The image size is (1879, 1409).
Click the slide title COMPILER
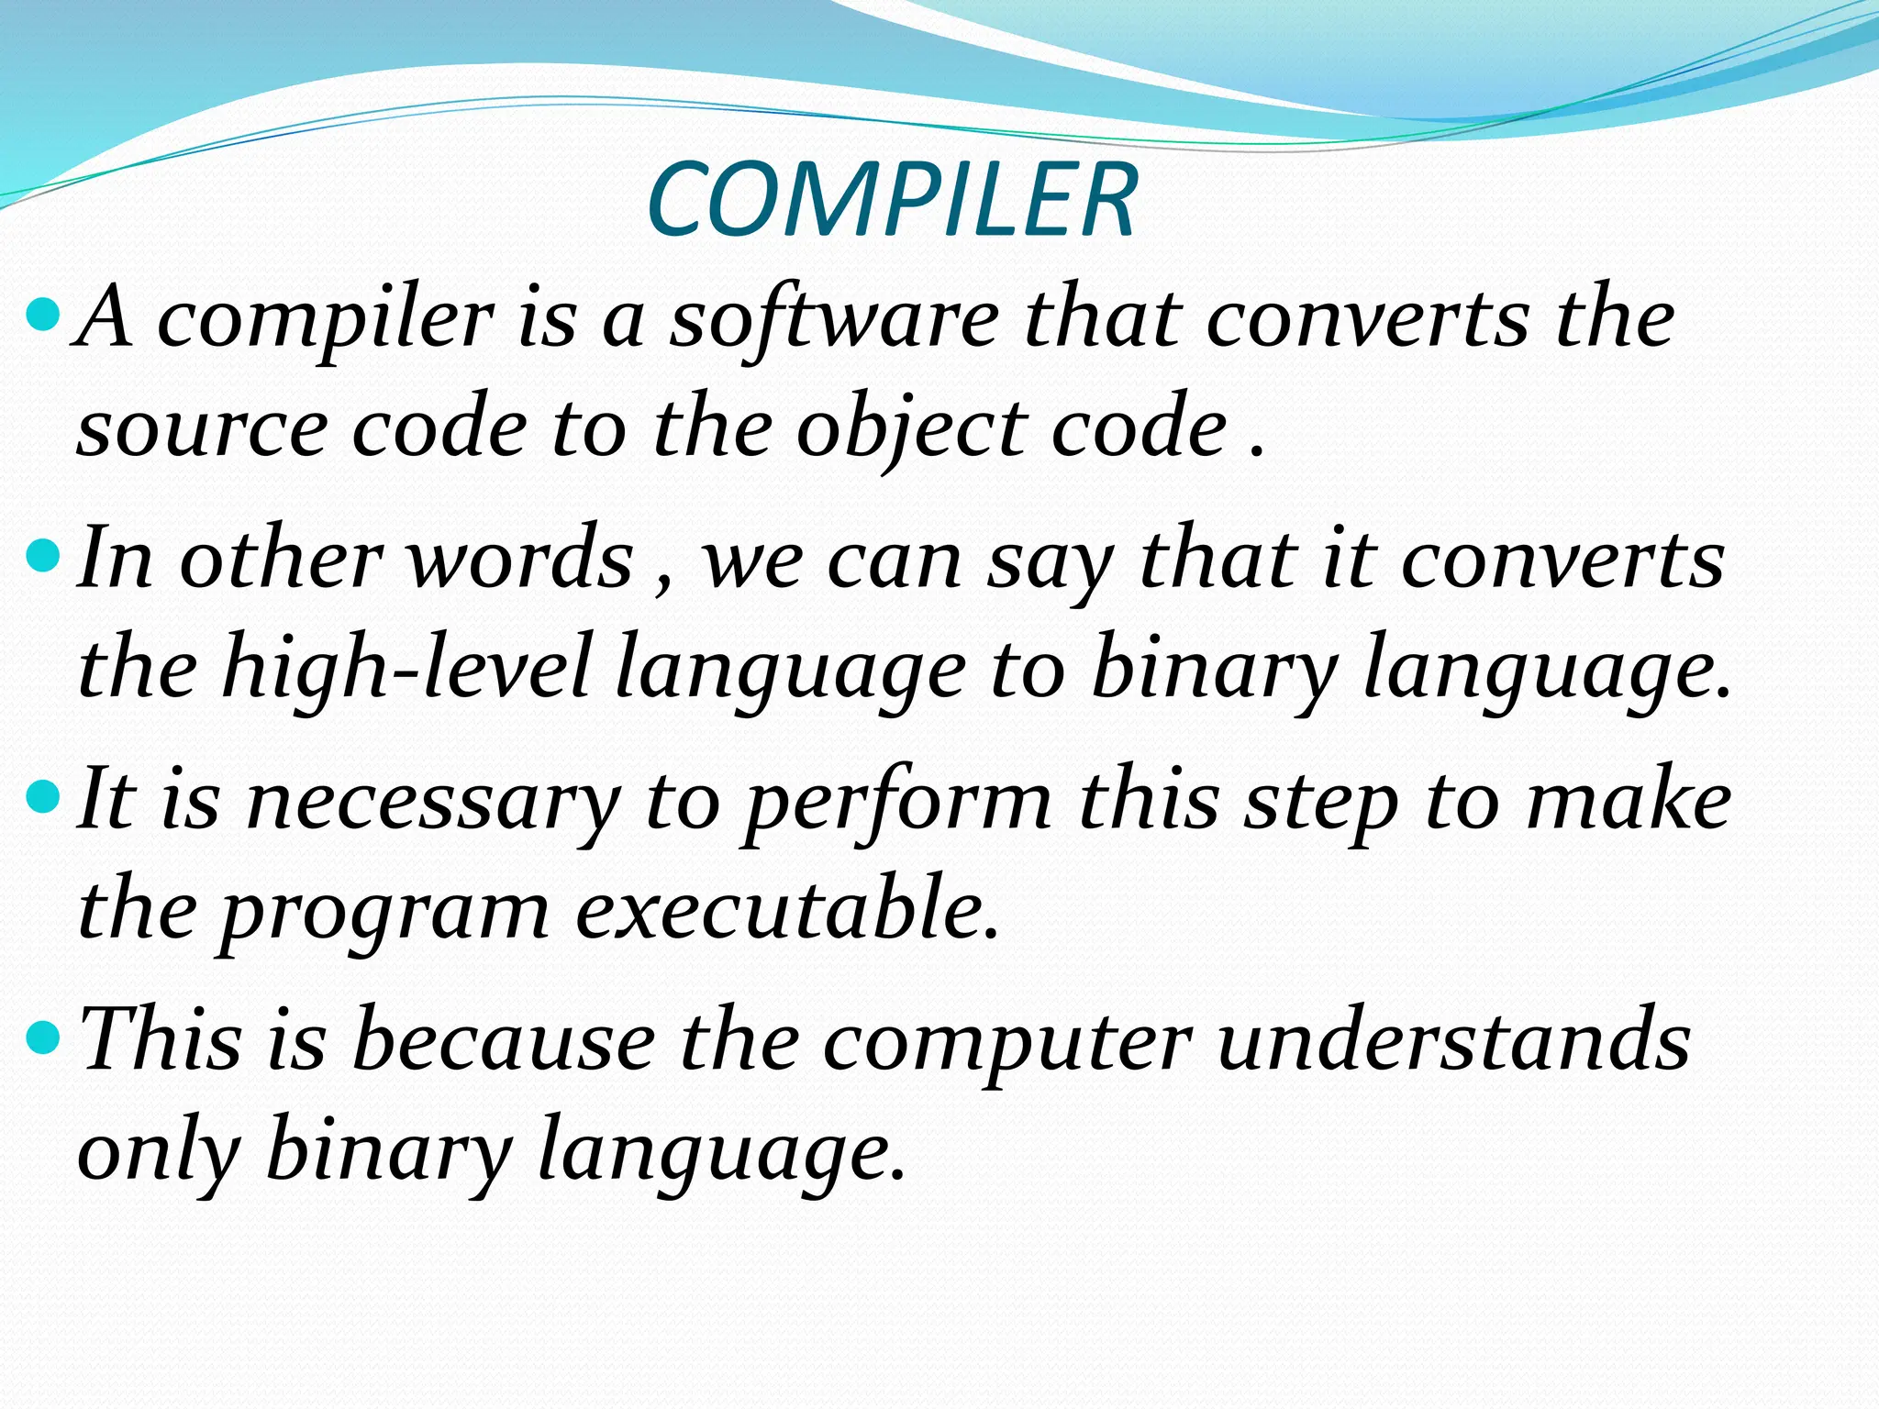[892, 201]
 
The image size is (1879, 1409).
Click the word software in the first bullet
[834, 320]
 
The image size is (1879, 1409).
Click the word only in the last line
[158, 1152]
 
